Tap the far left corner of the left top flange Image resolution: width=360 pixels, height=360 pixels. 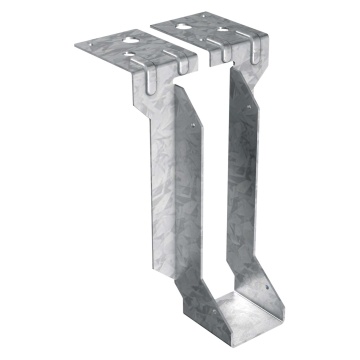pyautogui.click(x=78, y=46)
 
